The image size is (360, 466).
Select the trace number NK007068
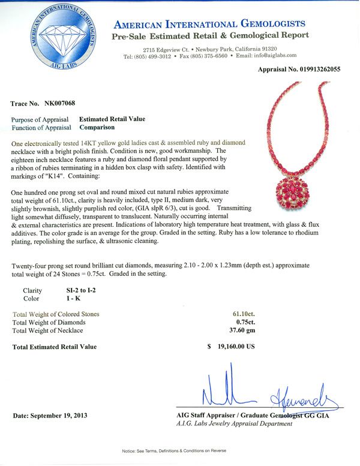(59, 104)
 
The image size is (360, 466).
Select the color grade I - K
(74, 298)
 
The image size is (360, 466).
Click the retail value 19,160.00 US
(236, 347)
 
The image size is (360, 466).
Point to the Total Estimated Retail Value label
(54, 347)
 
